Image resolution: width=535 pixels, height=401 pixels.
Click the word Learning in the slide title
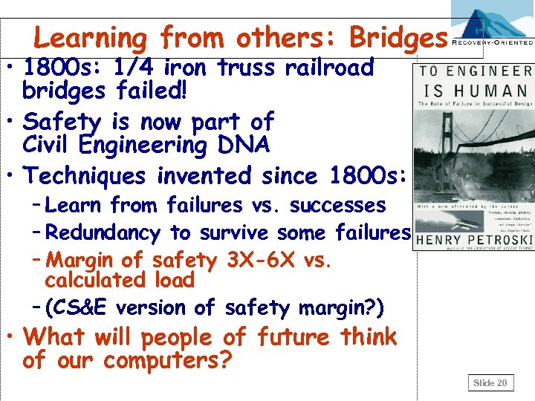[x=91, y=38]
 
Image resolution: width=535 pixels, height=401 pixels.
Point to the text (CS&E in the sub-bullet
[x=76, y=307]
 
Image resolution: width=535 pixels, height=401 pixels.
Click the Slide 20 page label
[x=490, y=382]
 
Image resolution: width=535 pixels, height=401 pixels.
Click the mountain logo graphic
[x=490, y=22]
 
